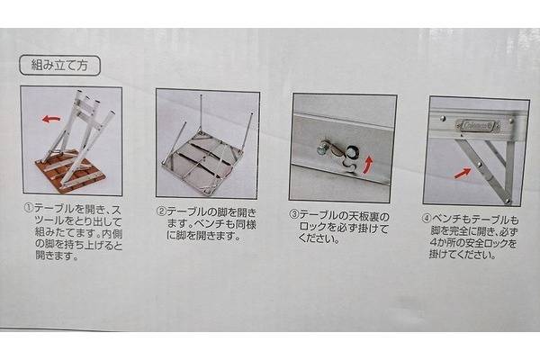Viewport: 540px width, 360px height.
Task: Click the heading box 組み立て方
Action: click(60, 65)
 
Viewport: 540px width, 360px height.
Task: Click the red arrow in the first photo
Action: click(51, 120)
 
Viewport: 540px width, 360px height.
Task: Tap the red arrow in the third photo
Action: click(369, 165)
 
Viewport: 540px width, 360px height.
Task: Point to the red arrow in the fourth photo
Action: click(463, 174)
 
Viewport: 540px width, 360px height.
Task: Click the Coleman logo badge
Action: click(478, 126)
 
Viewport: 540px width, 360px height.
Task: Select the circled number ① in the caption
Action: click(28, 208)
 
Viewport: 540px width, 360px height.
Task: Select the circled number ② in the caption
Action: click(161, 211)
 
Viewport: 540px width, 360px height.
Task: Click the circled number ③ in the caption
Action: click(293, 215)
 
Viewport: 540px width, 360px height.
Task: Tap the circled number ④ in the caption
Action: click(427, 219)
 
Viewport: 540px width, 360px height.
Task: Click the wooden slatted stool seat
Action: click(69, 174)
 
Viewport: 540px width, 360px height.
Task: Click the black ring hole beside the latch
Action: click(352, 151)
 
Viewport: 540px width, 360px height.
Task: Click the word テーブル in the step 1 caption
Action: click(54, 209)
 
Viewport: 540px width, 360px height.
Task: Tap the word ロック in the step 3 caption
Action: click(312, 228)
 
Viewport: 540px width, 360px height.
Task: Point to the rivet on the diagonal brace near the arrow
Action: click(479, 166)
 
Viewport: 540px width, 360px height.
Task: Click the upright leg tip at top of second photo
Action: click(201, 95)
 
